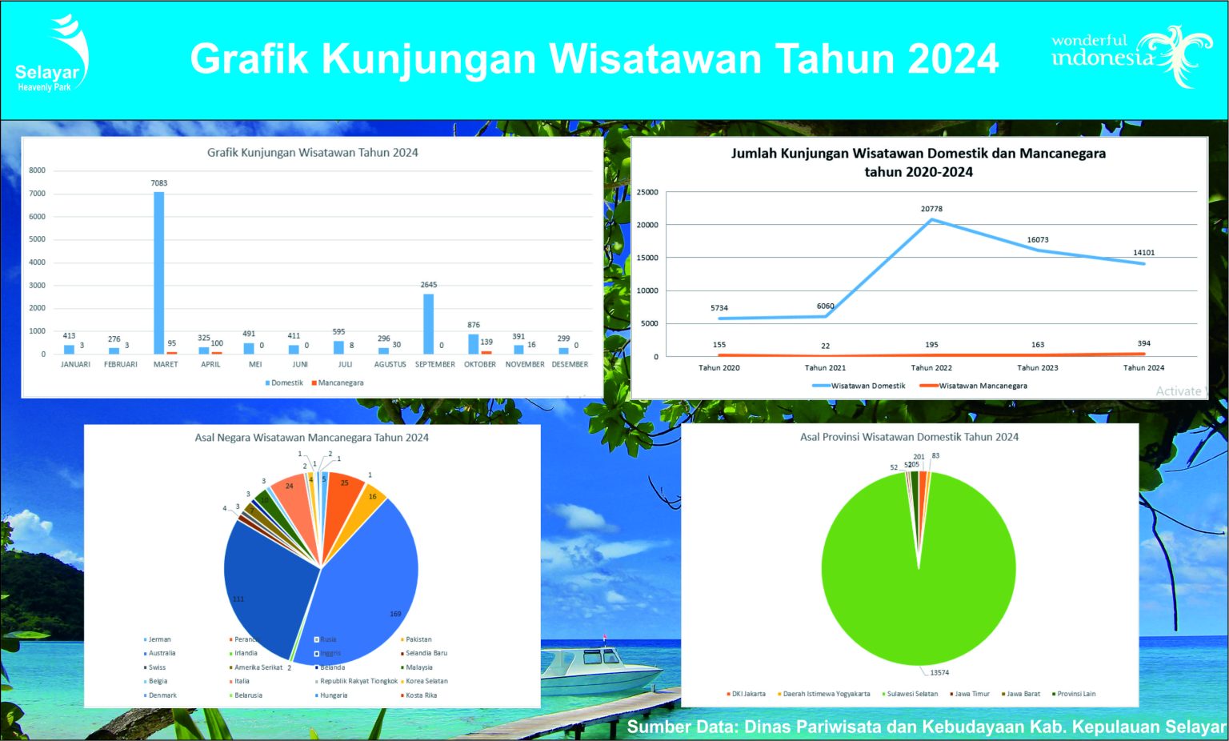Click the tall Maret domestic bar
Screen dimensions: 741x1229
click(x=159, y=272)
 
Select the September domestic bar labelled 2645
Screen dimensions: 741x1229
click(x=429, y=324)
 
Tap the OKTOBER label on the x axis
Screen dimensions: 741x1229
click(x=480, y=364)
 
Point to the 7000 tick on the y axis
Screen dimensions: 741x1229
click(x=38, y=194)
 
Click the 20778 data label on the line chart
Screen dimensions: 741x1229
click(x=931, y=209)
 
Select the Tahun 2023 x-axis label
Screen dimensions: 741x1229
click(x=1038, y=368)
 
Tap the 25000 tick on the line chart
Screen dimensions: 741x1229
click(x=647, y=192)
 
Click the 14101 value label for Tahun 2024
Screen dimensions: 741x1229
click(x=1143, y=253)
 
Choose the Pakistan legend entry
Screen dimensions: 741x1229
click(x=418, y=639)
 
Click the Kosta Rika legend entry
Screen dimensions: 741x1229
click(x=420, y=695)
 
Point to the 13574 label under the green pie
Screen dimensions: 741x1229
click(x=939, y=673)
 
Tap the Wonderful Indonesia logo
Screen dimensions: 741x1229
click(x=1130, y=54)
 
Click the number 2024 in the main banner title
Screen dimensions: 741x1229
click(x=953, y=59)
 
